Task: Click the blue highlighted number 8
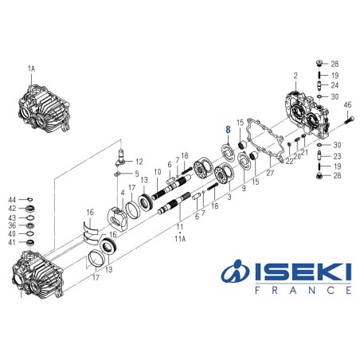pyautogui.click(x=228, y=128)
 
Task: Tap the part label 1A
pyautogui.click(x=32, y=69)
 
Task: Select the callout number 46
pyautogui.click(x=347, y=105)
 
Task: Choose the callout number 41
pyautogui.click(x=13, y=242)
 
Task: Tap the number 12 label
pyautogui.click(x=139, y=161)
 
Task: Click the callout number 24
pyautogui.click(x=335, y=85)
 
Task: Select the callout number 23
pyautogui.click(x=337, y=156)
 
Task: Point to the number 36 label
pyautogui.click(x=13, y=225)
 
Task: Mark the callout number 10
pyautogui.click(x=158, y=173)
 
